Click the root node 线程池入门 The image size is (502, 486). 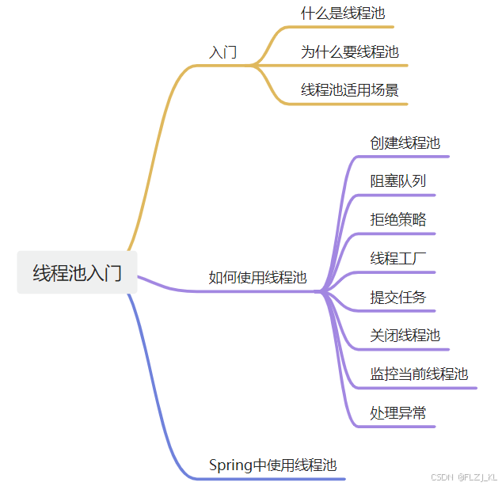[77, 273]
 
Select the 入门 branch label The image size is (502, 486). [222, 53]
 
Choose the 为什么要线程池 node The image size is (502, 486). [349, 52]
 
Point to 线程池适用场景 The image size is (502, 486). [349, 90]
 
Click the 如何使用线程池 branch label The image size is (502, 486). [257, 277]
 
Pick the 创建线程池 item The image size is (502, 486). [405, 143]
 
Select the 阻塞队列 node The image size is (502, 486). [397, 180]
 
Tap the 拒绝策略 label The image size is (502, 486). [397, 219]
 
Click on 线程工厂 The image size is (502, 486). [397, 258]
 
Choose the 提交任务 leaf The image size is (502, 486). [397, 297]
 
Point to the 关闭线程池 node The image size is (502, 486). [405, 335]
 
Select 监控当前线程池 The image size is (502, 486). [419, 374]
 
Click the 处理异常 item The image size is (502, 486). [397, 412]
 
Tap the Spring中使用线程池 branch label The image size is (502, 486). [267, 465]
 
